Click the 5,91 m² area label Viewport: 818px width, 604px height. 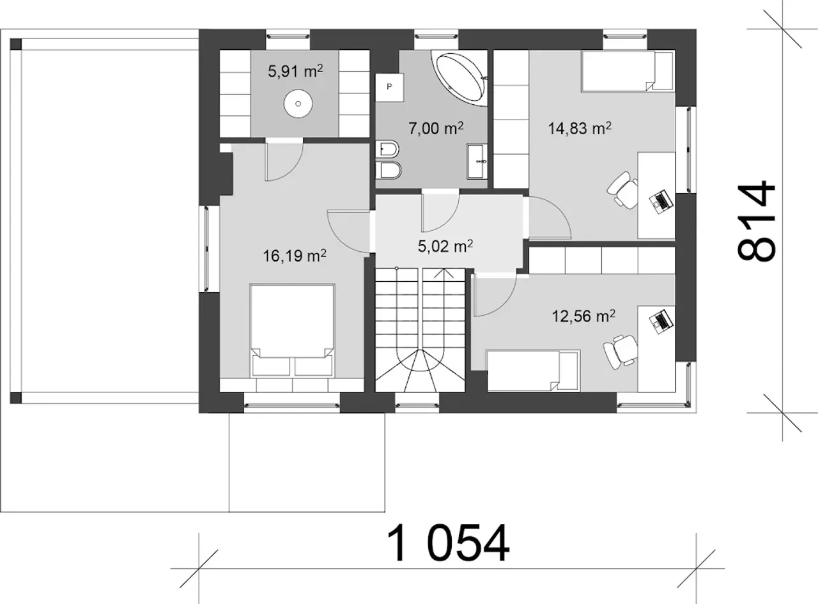pos(295,70)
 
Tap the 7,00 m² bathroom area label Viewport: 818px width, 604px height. pos(436,128)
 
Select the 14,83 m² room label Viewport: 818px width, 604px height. pos(580,128)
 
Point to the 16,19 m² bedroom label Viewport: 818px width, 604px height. pos(295,255)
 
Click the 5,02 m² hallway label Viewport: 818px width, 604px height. pos(445,245)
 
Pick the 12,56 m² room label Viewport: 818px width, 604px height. pos(583,316)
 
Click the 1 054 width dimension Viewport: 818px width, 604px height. pos(448,543)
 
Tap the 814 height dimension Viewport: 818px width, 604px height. pos(756,221)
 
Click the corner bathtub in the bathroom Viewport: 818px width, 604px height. pos(459,78)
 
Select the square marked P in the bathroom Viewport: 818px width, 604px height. pos(389,87)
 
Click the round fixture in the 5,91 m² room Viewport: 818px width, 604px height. pos(298,104)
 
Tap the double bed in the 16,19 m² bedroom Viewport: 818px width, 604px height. pos(292,330)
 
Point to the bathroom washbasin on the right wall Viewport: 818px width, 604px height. pos(477,161)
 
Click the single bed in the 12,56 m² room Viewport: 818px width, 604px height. pos(533,370)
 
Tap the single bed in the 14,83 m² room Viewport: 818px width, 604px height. pos(628,70)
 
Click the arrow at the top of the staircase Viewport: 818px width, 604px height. pos(444,274)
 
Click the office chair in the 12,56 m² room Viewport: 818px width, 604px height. pos(620,352)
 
